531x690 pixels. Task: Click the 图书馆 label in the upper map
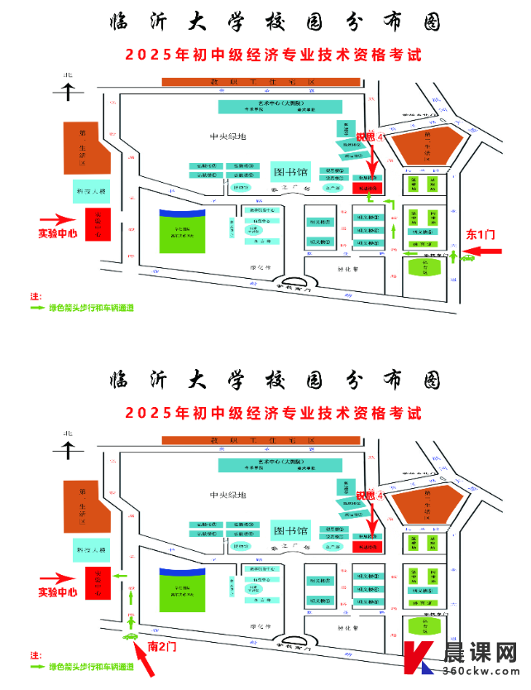291,173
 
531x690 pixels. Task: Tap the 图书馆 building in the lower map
291,530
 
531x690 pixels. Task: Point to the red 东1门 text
479,234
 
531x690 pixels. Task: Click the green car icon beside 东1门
467,257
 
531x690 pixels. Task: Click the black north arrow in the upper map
67,87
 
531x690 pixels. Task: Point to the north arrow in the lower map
67,445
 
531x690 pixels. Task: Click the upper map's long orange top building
261,83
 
